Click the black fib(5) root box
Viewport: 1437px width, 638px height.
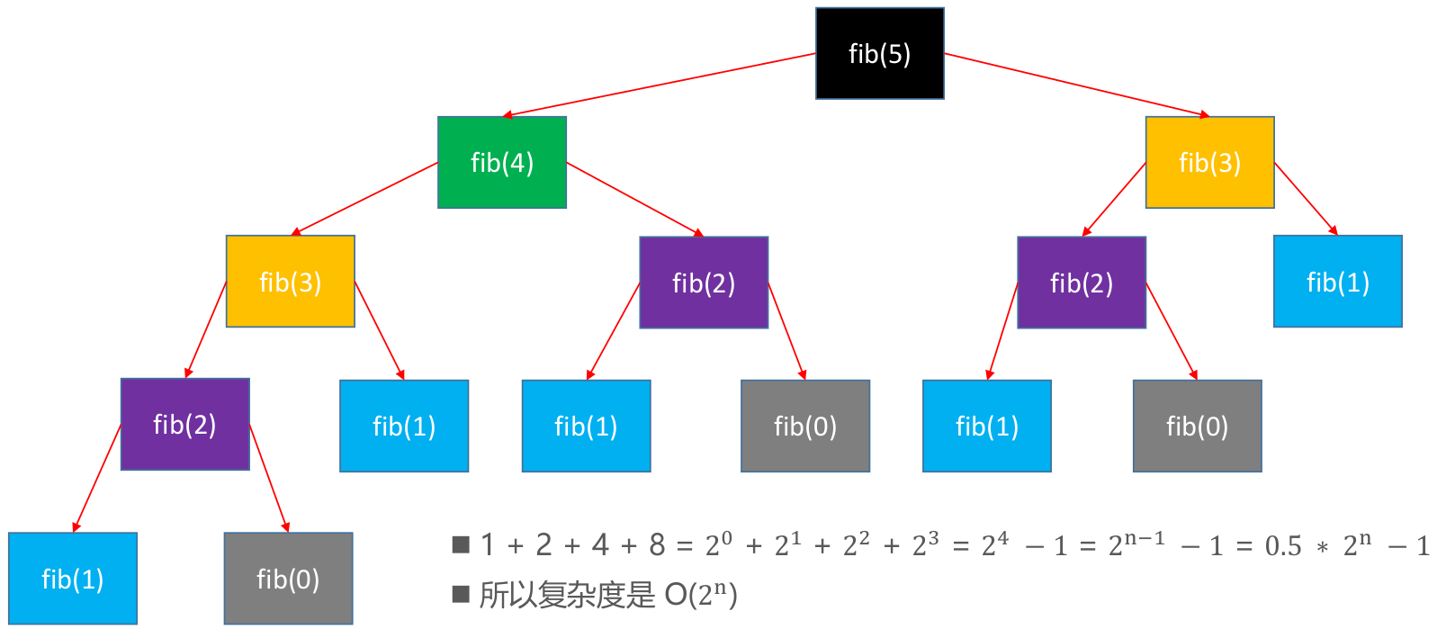879,54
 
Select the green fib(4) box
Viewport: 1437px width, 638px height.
502,163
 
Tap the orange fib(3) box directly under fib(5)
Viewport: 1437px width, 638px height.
1209,163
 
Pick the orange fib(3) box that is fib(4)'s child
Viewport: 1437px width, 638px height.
290,282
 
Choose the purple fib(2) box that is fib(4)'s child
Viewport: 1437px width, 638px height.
704,283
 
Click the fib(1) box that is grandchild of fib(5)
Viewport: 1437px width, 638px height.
1337,282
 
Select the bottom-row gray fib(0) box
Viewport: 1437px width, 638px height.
288,579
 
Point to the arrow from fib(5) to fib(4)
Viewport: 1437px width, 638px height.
660,85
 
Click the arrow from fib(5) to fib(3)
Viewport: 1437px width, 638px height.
1076,85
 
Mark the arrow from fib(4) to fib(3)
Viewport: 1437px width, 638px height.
365,199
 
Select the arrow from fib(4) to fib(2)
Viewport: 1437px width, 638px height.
634,199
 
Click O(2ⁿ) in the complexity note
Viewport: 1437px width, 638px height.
700,595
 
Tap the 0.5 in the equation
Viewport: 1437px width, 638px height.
1283,546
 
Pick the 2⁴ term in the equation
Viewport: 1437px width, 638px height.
994,544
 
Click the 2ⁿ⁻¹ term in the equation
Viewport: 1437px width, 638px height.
1136,544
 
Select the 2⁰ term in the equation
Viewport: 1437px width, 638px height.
718,544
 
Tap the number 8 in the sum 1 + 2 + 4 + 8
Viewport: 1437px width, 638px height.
657,544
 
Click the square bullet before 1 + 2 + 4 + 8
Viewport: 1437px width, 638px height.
462,544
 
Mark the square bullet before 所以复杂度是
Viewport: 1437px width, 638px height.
462,594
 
